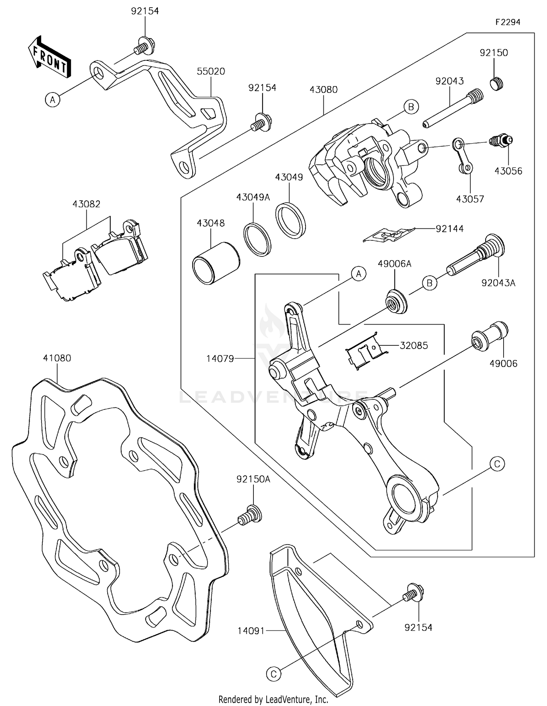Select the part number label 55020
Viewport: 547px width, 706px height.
(211, 71)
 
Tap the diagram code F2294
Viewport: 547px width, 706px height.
(508, 22)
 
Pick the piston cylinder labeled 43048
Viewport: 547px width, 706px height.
(216, 263)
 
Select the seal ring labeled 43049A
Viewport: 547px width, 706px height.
(257, 239)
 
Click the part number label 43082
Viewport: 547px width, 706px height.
(86, 204)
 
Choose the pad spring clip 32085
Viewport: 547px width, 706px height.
(365, 351)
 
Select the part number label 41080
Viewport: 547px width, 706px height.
(57, 358)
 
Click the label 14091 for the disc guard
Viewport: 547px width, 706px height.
(251, 631)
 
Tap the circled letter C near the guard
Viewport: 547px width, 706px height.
(273, 674)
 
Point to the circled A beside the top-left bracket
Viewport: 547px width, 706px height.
(53, 99)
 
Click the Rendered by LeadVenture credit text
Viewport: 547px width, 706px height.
(273, 699)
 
